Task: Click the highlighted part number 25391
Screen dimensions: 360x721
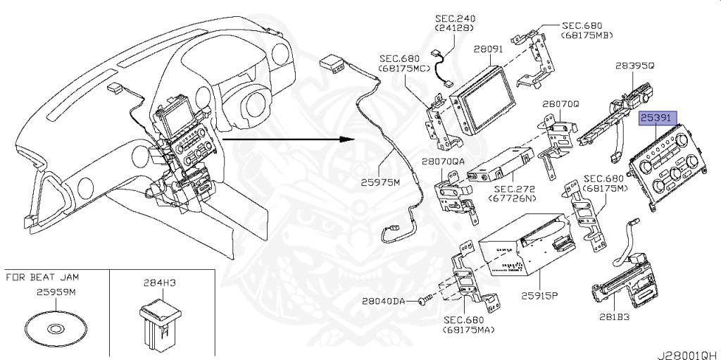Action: click(658, 118)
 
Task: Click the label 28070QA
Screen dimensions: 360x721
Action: click(444, 161)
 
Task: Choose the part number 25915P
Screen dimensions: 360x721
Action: click(539, 295)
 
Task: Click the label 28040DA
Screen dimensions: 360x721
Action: click(384, 301)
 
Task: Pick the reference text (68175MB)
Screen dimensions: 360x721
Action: click(586, 35)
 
